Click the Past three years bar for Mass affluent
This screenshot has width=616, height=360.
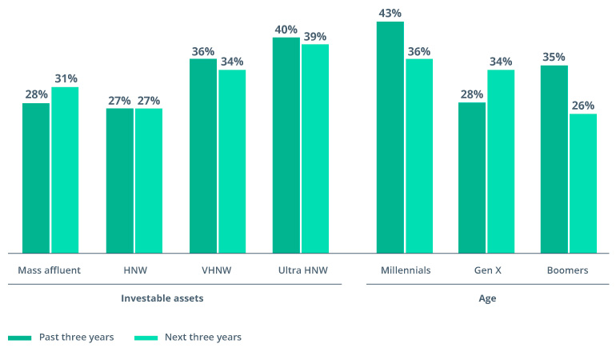tap(36, 178)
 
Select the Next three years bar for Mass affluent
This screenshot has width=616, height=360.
tap(65, 170)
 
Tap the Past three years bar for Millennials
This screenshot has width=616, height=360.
tap(390, 137)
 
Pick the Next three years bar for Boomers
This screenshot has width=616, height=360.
tap(583, 183)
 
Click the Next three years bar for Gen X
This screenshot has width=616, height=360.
tap(501, 161)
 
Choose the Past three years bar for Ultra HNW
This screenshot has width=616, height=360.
tap(286, 145)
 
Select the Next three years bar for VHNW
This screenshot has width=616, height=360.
tap(232, 161)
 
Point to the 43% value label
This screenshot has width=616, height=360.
tap(390, 13)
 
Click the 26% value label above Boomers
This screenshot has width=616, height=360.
tap(583, 105)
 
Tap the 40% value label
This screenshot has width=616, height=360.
tap(286, 29)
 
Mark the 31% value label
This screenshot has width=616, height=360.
tap(65, 78)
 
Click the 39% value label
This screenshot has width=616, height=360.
tap(315, 36)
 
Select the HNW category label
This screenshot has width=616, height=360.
tap(134, 270)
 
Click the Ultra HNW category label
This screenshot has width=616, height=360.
tap(300, 270)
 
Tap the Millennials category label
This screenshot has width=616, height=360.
tap(406, 270)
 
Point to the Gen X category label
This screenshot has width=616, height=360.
tap(487, 270)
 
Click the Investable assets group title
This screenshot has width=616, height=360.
tap(162, 298)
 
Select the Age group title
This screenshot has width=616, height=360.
tap(487, 298)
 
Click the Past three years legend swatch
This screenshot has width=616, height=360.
tap(19, 338)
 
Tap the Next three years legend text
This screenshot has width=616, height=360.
tap(203, 338)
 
